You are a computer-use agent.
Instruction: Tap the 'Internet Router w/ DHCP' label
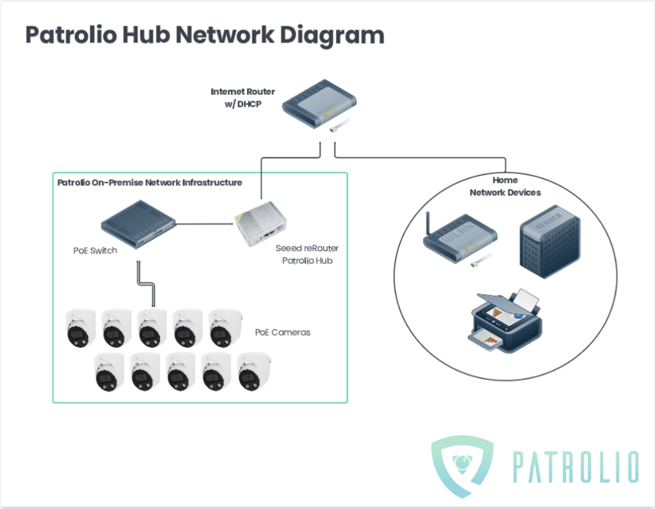pos(242,98)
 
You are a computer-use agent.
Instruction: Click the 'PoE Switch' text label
pos(95,251)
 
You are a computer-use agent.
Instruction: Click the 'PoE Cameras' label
pos(282,332)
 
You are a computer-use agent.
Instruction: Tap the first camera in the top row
pos(81,328)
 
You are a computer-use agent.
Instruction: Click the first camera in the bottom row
pos(108,372)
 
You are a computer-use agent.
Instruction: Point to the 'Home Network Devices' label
pos(505,186)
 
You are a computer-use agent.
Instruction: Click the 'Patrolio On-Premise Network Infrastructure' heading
pos(149,183)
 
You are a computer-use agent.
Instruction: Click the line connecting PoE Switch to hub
pos(205,224)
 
